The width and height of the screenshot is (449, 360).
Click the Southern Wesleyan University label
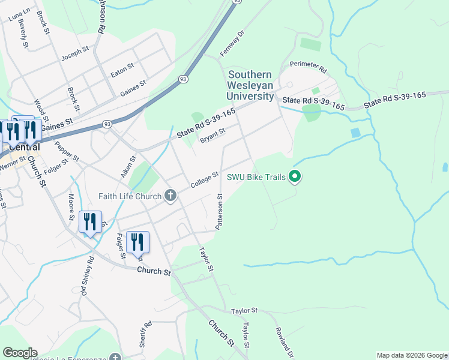[x=250, y=85]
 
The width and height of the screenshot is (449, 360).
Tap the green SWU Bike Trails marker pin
[x=294, y=176]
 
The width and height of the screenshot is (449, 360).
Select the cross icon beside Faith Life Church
[x=170, y=196]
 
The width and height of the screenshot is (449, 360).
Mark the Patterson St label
[x=220, y=211]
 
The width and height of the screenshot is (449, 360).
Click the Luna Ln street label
[x=19, y=15]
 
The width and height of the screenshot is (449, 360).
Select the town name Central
[x=24, y=147]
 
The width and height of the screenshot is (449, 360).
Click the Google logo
[x=20, y=353]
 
